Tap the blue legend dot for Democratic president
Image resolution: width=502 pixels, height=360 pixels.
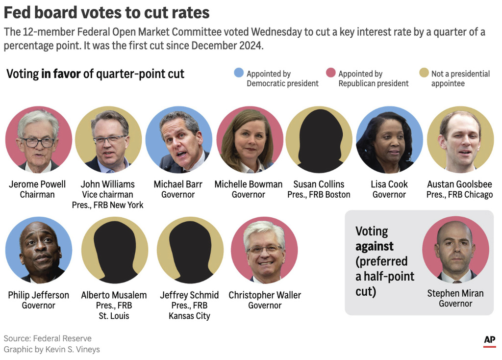(239, 73)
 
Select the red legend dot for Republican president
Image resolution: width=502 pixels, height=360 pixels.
(331, 73)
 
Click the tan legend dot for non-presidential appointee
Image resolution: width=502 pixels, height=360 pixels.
(424, 73)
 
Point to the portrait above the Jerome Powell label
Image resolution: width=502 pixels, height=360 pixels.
(39, 140)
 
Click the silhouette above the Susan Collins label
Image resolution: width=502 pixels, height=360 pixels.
(319, 140)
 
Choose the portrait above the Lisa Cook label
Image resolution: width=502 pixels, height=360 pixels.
(389, 140)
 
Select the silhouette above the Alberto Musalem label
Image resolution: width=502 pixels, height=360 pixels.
(115, 250)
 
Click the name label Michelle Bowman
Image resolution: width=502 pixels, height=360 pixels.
(249, 184)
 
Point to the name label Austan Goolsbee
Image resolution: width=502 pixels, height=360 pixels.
(459, 184)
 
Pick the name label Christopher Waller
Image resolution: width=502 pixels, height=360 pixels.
(265, 295)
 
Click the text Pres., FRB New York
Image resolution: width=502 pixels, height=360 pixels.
(107, 205)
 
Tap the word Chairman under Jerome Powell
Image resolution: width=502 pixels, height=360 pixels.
(37, 195)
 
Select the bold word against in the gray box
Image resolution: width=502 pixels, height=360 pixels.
(375, 246)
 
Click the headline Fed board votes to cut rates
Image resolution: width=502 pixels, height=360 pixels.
(106, 12)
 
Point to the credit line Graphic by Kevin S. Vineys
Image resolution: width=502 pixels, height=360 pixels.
(51, 349)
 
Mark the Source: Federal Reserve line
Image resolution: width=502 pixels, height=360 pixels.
(48, 338)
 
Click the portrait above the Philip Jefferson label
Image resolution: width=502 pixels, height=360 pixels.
(39, 250)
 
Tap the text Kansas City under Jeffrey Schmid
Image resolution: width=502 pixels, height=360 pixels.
(189, 316)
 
